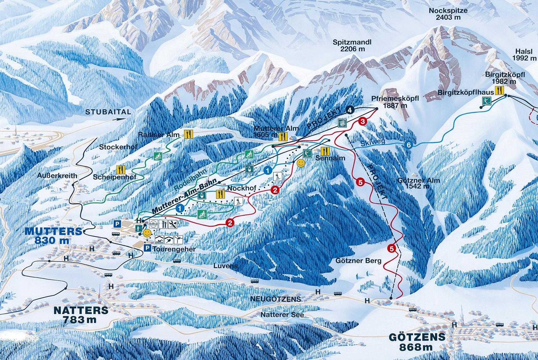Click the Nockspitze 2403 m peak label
[448, 14]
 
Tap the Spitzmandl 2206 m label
[352, 45]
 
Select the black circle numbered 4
[350, 110]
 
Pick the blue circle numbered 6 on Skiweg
[409, 145]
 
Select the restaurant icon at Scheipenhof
[121, 169]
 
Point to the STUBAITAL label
[108, 112]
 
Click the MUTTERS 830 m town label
[53, 236]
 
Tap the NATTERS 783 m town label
[81, 314]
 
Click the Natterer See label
[282, 315]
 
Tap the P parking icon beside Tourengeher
[148, 248]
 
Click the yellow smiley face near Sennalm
[301, 163]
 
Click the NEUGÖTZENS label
[276, 299]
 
